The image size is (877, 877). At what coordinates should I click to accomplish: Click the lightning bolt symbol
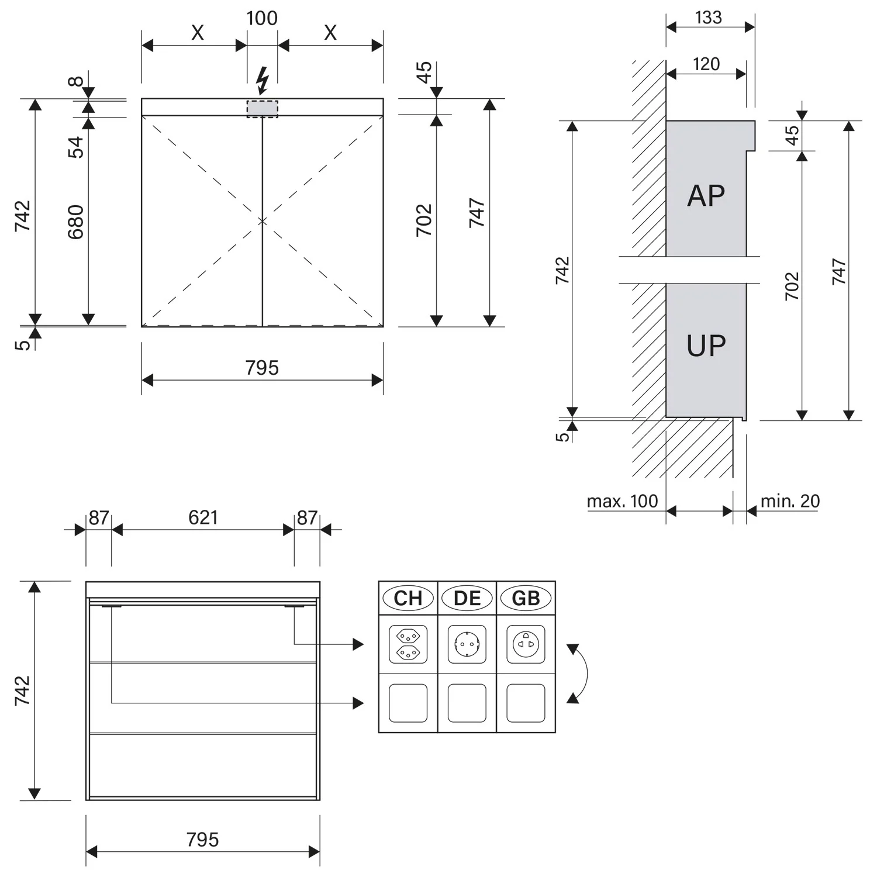[263, 81]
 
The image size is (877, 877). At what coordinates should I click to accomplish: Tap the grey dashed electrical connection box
[263, 109]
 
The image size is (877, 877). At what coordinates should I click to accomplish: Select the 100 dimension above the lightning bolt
[262, 18]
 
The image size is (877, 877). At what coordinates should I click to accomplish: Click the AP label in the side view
[706, 195]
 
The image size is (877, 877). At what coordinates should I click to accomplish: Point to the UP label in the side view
[706, 346]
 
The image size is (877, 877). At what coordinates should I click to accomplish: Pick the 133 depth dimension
[709, 17]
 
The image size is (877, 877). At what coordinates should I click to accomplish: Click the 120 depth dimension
[706, 64]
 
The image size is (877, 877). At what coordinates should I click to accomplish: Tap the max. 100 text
[622, 501]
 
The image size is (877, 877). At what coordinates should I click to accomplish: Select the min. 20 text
[790, 501]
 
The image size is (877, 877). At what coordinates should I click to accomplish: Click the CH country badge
[408, 598]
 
